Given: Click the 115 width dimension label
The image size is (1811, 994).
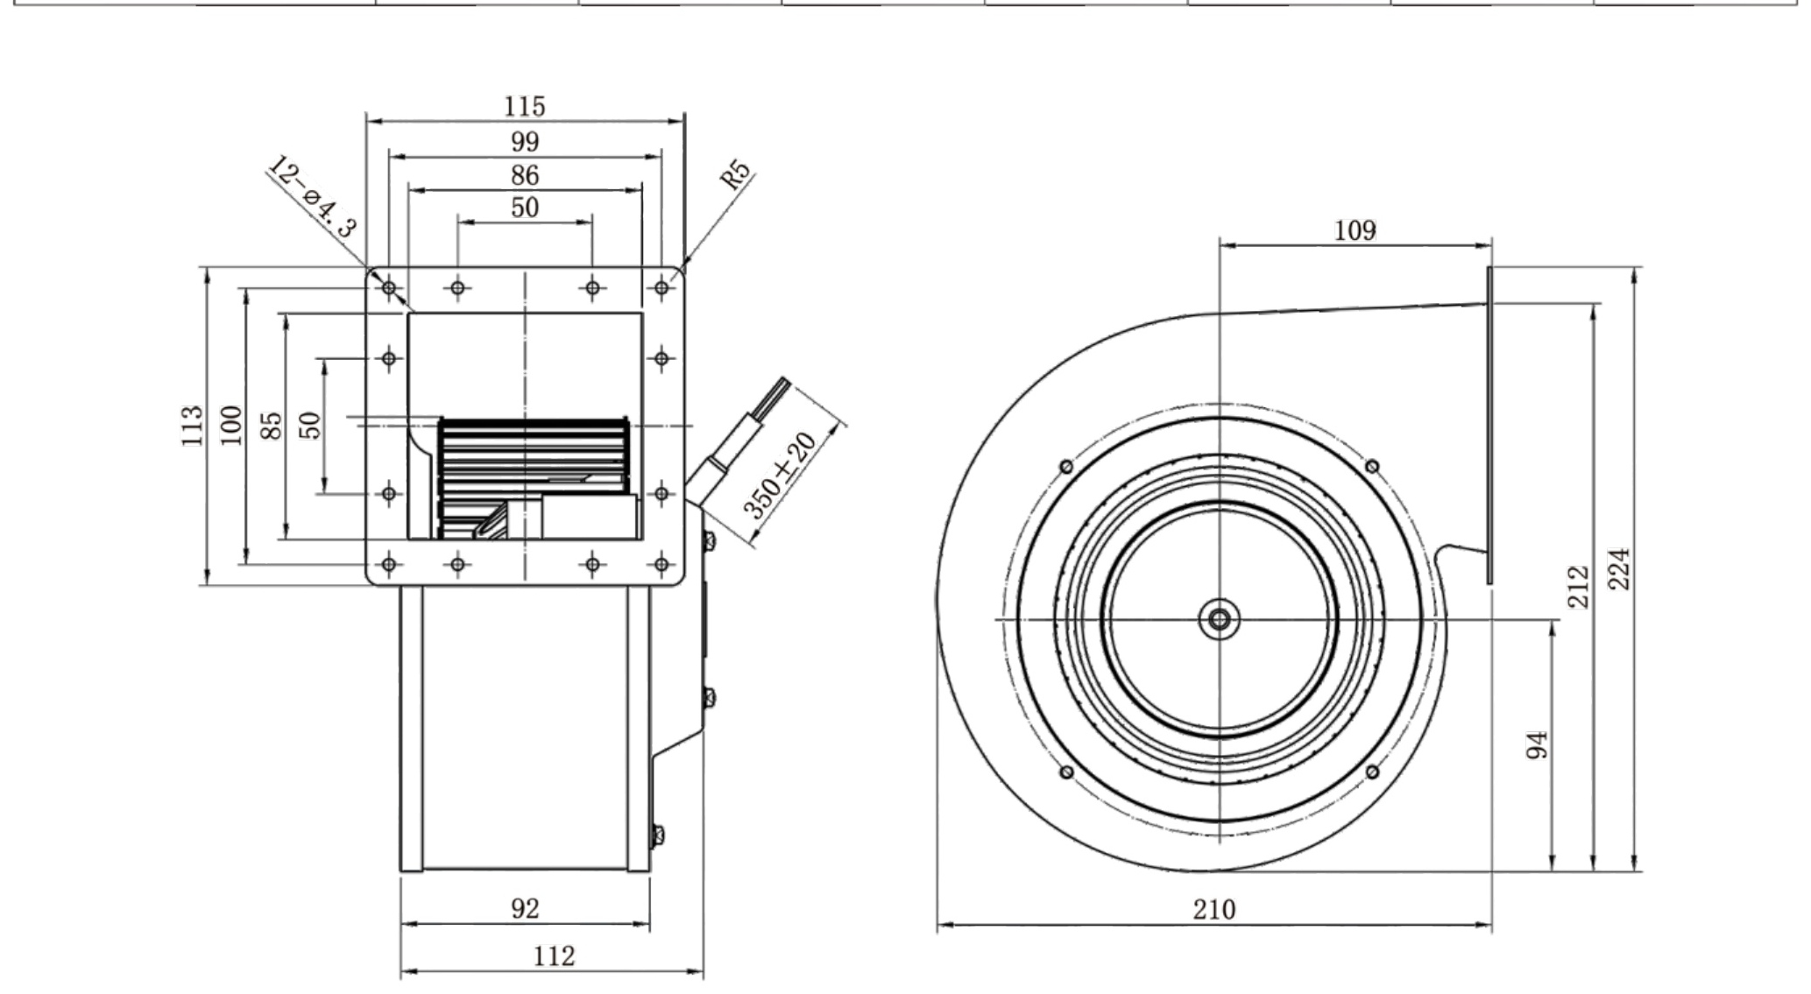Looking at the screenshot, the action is click(524, 106).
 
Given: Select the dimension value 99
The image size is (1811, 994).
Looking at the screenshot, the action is click(525, 141).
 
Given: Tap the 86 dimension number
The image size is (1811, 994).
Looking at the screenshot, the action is click(525, 175).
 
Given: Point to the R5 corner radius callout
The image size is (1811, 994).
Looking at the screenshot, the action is click(736, 174).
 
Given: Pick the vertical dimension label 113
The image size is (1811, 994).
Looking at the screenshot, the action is click(192, 426).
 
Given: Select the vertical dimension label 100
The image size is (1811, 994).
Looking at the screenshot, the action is click(230, 426).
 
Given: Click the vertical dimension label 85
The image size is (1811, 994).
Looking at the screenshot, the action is click(272, 426).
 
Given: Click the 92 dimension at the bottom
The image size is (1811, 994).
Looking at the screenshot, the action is click(525, 908).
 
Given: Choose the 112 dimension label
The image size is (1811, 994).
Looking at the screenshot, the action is click(554, 955).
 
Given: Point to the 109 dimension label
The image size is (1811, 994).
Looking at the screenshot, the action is click(1355, 230).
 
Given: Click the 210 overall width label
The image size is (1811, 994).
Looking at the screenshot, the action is click(1214, 910).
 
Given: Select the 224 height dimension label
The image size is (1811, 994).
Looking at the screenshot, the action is click(1621, 568).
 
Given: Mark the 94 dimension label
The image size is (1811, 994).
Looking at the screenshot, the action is click(1537, 745).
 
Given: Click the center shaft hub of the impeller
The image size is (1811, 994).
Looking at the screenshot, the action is click(1219, 619).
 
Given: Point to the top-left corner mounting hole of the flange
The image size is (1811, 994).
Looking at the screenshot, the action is click(390, 287).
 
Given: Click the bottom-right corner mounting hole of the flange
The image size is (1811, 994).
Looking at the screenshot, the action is click(661, 564).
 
